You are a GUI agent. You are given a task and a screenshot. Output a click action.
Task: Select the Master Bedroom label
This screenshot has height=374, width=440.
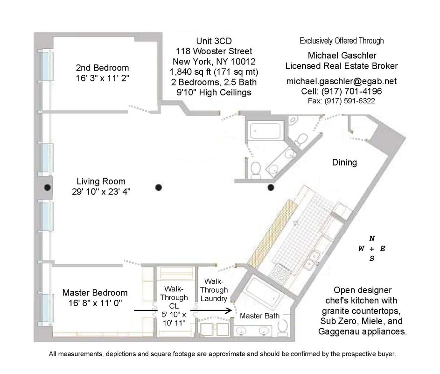click(95, 293)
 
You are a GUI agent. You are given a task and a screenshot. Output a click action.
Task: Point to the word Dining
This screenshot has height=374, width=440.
click(344, 163)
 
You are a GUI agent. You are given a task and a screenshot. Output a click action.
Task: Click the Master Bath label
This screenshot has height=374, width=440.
click(259, 316)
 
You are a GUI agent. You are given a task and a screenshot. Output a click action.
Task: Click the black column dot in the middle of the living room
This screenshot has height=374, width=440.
click(159, 187)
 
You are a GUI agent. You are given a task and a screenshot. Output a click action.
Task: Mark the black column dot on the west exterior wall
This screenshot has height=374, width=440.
click(47, 187)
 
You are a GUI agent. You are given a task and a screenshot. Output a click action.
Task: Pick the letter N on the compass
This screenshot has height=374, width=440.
click(371, 238)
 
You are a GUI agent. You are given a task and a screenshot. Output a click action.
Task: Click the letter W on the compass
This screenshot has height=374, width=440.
click(361, 249)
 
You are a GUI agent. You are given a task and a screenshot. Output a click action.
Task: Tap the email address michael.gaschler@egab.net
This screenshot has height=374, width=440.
click(341, 81)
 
